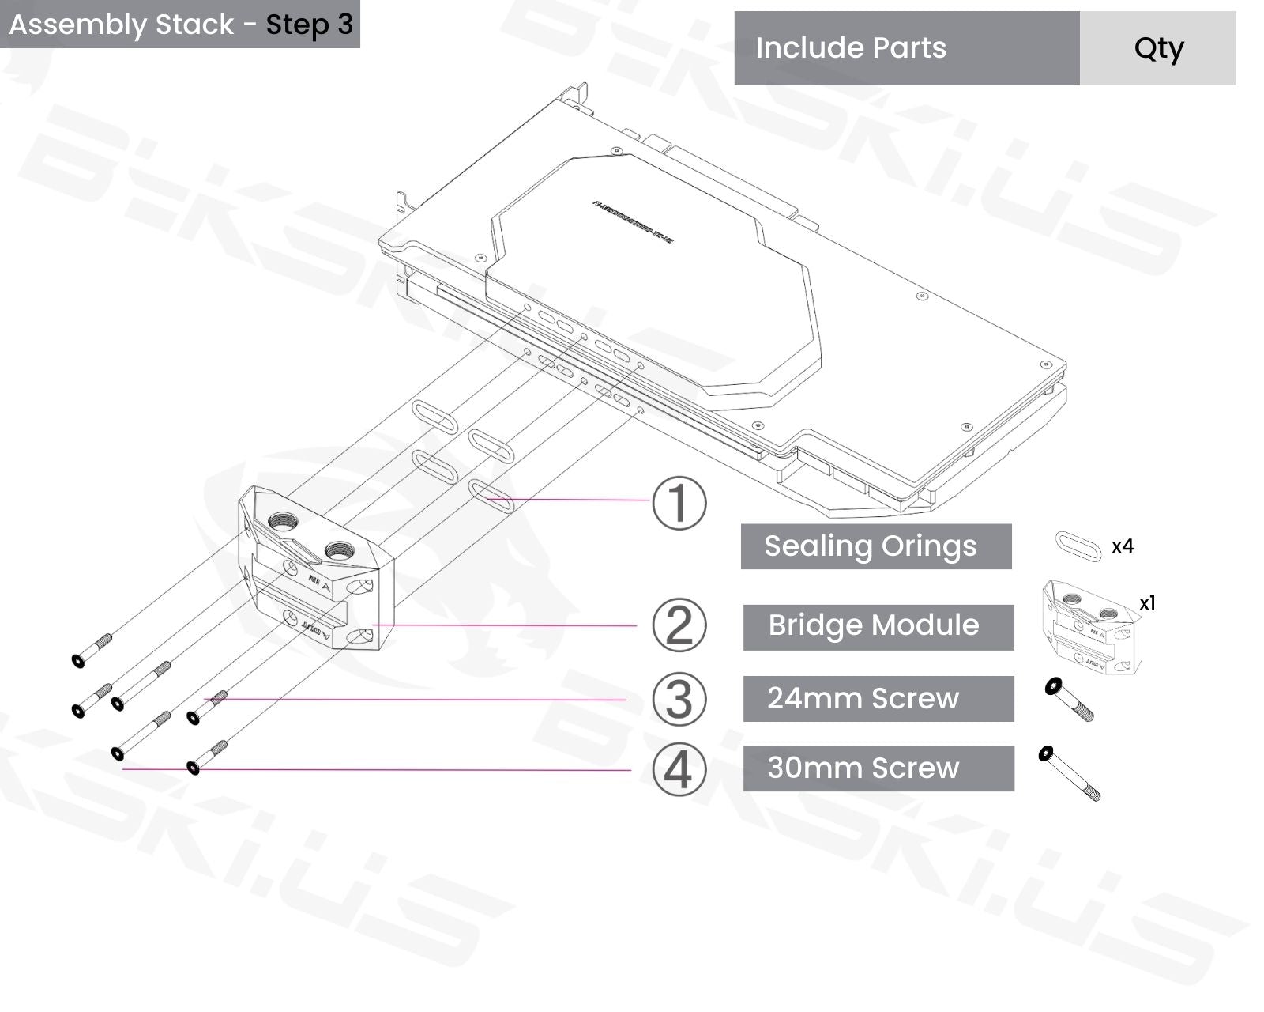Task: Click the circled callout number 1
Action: (x=679, y=503)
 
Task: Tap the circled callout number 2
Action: (x=679, y=625)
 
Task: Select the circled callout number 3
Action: (x=679, y=699)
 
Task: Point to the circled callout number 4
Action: (x=679, y=769)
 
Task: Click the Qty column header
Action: (x=1158, y=48)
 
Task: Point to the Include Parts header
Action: (x=851, y=48)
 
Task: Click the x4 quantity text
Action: (x=1122, y=546)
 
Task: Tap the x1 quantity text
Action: (x=1147, y=603)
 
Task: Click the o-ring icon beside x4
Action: (x=1078, y=546)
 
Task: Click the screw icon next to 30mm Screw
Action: (x=1070, y=772)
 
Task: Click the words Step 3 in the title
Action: (x=309, y=25)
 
